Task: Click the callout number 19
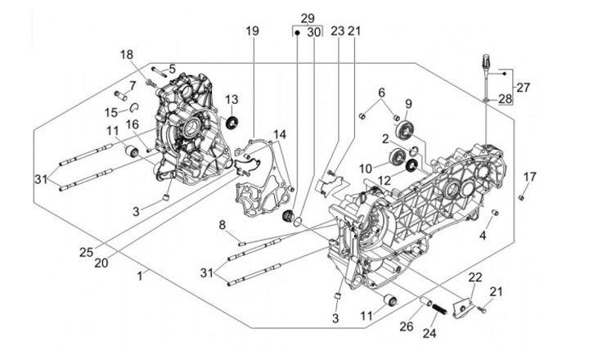[x=253, y=31]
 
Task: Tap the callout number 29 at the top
[x=308, y=19]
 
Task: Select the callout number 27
[x=523, y=88]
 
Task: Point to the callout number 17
[x=529, y=177]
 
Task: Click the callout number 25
[x=86, y=252]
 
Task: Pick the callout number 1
[x=140, y=277]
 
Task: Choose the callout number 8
[x=223, y=225]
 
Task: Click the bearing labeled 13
[x=232, y=122]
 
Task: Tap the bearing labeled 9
[x=405, y=128]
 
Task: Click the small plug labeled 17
[x=521, y=197]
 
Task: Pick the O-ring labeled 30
[x=297, y=221]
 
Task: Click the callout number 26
[x=407, y=326]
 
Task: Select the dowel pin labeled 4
[x=496, y=213]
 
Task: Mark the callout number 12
[x=384, y=181]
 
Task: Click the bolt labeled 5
[x=159, y=71]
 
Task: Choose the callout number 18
[x=127, y=55]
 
